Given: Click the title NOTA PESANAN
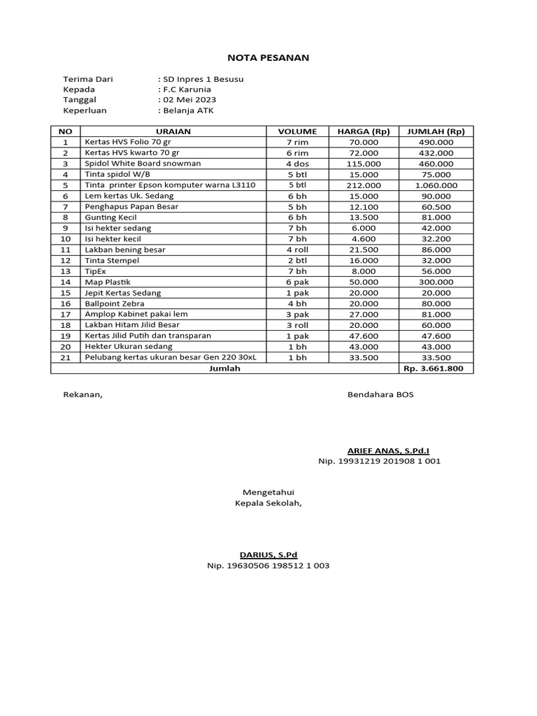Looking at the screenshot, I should [268, 57].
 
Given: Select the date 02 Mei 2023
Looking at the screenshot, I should [188, 100].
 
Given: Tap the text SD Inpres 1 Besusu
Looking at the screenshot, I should [201, 79].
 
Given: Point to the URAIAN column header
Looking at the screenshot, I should [173, 131].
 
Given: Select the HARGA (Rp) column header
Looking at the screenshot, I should [363, 131].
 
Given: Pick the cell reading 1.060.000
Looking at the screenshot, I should [436, 185].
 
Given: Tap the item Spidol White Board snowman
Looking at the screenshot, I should [143, 164].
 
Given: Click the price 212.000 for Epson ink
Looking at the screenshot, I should [364, 185].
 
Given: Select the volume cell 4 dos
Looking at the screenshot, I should [297, 164].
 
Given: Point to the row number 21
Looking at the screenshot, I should [66, 357].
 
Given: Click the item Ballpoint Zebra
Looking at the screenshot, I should [115, 303].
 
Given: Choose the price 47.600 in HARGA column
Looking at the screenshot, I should [364, 336].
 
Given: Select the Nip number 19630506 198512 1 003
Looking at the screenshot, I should [268, 566].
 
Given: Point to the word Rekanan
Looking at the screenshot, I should [83, 394].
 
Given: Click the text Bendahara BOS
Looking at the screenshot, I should [380, 394].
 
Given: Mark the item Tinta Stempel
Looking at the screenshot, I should [112, 261].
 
